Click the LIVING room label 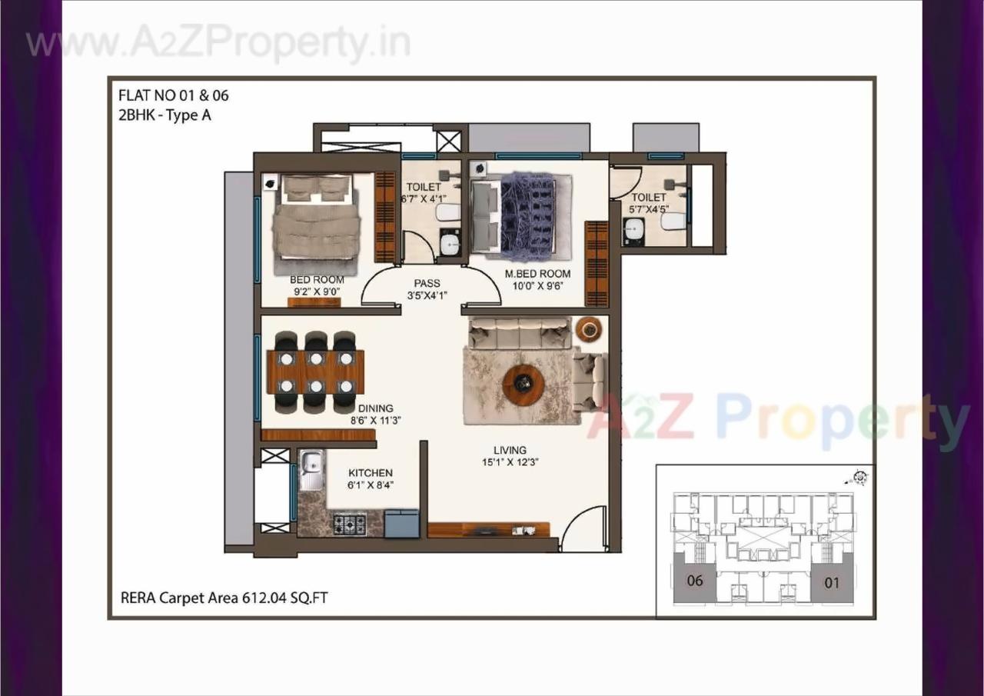(x=510, y=450)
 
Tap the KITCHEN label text (x=371, y=473)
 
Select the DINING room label (x=375, y=408)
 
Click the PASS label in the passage (x=427, y=284)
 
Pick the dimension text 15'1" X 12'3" (x=510, y=462)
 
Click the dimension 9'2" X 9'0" (x=317, y=291)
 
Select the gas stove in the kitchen (x=350, y=524)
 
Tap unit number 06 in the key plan (x=694, y=581)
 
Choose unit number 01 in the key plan (x=832, y=583)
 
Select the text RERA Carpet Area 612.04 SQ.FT (x=224, y=598)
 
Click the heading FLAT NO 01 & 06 (x=173, y=96)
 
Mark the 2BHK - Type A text (x=165, y=115)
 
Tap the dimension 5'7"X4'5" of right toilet (x=649, y=208)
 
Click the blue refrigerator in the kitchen (x=401, y=523)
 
